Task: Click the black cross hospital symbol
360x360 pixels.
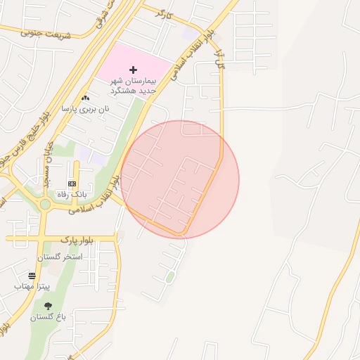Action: (x=133, y=70)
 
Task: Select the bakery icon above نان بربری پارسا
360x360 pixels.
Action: (x=86, y=98)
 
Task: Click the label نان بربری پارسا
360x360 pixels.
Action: (x=85, y=109)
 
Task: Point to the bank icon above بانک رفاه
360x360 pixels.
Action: (x=72, y=183)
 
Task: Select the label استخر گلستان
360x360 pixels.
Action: (x=63, y=257)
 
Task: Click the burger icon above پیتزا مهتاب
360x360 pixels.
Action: (x=32, y=276)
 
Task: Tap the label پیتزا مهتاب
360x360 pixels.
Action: (x=32, y=287)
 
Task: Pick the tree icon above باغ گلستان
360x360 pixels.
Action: (x=48, y=306)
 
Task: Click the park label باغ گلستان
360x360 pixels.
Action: (x=48, y=317)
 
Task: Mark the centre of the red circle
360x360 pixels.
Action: (x=180, y=179)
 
